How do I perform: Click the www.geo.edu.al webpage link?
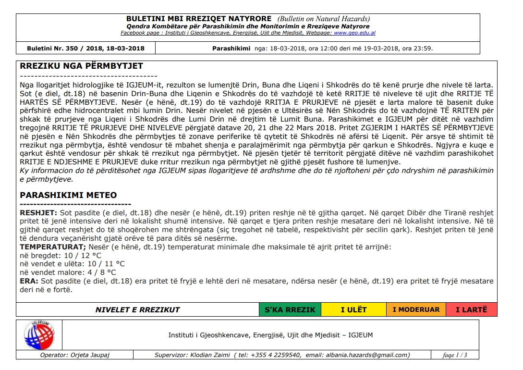click(354, 33)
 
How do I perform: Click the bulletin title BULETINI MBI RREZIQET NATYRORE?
click(199, 19)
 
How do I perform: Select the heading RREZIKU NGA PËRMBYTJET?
click(81, 66)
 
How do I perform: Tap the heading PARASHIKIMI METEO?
click(68, 195)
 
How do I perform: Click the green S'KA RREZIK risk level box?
click(290, 310)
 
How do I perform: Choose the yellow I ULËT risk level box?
click(353, 310)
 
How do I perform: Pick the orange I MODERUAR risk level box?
click(416, 310)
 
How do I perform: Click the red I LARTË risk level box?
click(471, 310)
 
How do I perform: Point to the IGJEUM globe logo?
click(39, 335)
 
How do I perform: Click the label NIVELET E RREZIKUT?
click(137, 310)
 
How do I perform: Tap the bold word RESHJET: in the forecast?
click(38, 212)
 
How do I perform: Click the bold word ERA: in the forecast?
click(29, 281)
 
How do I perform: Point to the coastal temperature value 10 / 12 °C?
click(79, 255)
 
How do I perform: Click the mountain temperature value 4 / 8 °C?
click(89, 272)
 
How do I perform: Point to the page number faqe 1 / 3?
click(455, 355)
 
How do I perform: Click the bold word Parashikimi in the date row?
click(231, 49)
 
